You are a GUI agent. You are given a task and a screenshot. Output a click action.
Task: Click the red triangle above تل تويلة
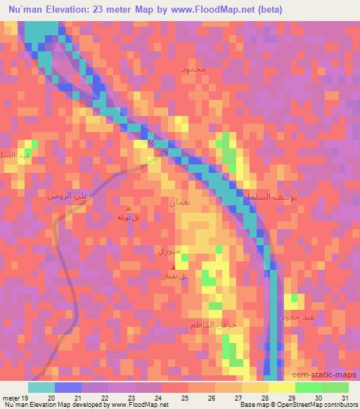(x=128, y=207)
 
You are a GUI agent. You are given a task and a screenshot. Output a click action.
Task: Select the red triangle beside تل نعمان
(x=174, y=266)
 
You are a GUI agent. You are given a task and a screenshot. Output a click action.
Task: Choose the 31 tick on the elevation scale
(x=345, y=398)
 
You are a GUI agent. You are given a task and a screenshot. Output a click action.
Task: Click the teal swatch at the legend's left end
(x=41, y=387)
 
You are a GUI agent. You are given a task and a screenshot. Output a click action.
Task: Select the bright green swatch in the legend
(x=308, y=387)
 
